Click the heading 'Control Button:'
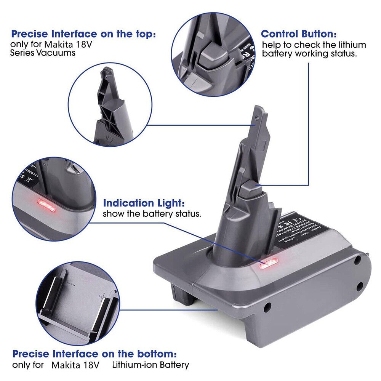point(298,34)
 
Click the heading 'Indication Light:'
point(144,203)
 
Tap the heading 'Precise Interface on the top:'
point(83,34)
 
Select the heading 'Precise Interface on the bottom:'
point(94,353)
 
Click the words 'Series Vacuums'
point(43,53)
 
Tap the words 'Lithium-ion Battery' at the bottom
point(150,365)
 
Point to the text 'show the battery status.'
point(152,214)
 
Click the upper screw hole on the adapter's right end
point(357,261)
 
